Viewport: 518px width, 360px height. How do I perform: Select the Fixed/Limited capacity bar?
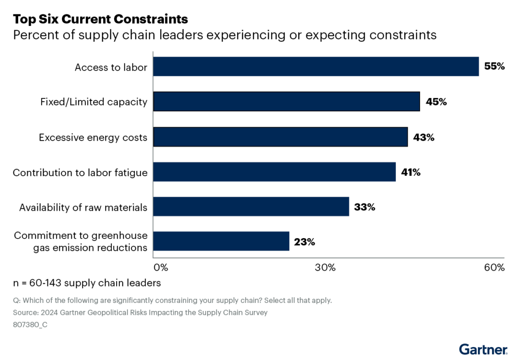[286, 102]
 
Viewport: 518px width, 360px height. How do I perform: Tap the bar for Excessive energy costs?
[280, 137]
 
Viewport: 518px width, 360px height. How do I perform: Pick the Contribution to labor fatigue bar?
[274, 172]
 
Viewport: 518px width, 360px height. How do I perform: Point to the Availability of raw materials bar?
[251, 206]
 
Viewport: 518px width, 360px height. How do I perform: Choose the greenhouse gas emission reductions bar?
[221, 241]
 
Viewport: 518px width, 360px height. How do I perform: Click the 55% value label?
[494, 67]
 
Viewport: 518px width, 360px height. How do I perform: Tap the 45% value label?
[436, 102]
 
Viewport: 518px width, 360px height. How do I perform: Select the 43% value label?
[424, 137]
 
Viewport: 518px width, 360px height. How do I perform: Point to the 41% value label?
[411, 172]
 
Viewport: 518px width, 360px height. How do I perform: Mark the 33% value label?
[365, 207]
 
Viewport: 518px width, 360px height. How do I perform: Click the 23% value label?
[305, 242]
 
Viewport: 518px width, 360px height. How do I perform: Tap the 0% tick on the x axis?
[160, 267]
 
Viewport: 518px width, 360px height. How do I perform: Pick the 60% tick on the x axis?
[494, 267]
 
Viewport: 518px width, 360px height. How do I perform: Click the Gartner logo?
[483, 349]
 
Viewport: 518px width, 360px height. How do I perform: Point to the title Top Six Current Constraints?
[100, 19]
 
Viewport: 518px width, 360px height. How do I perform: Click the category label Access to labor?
[111, 67]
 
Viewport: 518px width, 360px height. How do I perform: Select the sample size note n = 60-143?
[87, 283]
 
